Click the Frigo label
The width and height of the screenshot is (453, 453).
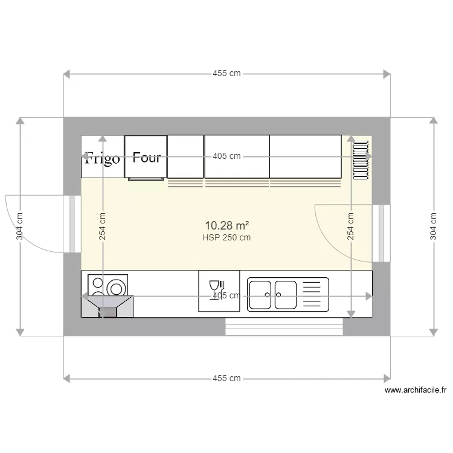point(102,158)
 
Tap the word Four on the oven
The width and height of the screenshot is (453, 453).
point(147,158)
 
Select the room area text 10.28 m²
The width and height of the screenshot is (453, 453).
point(226,225)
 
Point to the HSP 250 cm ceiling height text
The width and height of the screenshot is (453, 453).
point(226,237)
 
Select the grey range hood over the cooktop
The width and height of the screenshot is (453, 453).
point(108,306)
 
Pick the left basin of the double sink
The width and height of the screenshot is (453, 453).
point(261,294)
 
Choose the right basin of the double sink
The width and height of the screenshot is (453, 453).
point(286,294)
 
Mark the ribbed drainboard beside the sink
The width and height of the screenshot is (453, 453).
point(313,294)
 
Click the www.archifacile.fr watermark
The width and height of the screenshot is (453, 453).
point(416,391)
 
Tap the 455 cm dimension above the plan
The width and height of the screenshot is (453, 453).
point(226,74)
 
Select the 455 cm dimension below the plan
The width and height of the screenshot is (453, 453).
point(226,379)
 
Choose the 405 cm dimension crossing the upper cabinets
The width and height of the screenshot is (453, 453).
point(226,156)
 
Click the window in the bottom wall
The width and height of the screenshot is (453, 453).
point(284,327)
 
